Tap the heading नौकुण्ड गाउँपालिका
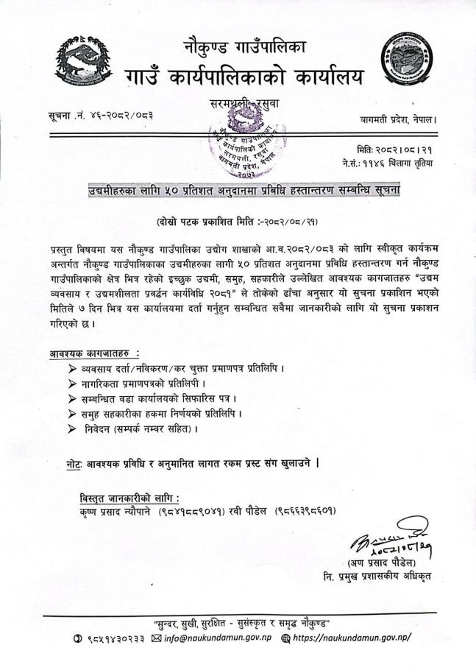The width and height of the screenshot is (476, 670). click(x=244, y=49)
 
